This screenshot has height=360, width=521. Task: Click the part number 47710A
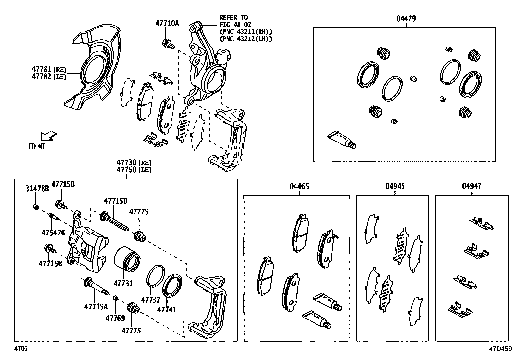coord(167,23)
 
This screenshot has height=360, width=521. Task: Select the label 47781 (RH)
coord(49,69)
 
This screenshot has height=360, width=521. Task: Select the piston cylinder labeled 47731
coord(127,259)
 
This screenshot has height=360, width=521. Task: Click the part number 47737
coord(151,300)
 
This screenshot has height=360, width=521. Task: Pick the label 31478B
coord(37,188)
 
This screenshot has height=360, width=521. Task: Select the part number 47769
coord(115,318)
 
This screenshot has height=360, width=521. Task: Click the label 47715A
coord(96,307)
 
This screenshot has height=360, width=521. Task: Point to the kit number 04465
coord(299,187)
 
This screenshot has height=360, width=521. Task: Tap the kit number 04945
coord(395,187)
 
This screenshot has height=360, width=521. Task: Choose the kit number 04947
coord(472,186)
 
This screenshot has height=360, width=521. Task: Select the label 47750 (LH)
coord(134,170)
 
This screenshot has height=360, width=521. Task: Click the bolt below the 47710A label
coord(168,43)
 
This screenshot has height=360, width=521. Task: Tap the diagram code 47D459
coord(500,349)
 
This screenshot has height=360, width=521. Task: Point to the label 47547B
coord(53,232)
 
